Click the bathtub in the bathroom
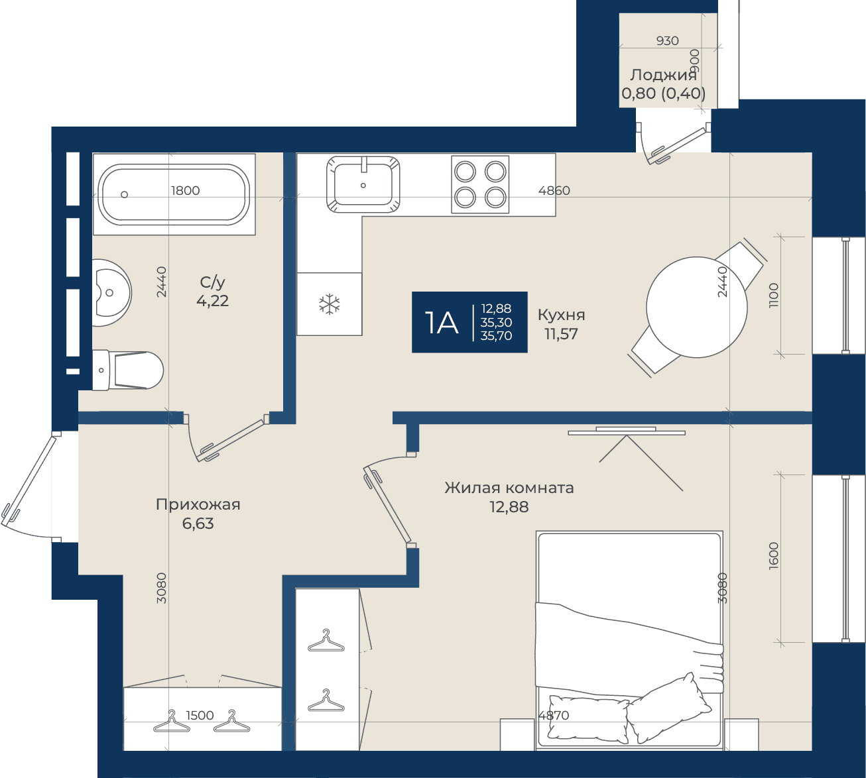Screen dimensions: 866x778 click(x=174, y=194)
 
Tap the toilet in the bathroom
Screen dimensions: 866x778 click(x=128, y=370)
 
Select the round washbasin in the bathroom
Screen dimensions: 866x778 click(x=111, y=292)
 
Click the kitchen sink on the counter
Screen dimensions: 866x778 click(x=363, y=184)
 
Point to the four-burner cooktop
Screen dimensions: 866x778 click(x=480, y=184)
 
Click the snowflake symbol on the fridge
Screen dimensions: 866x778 click(x=330, y=304)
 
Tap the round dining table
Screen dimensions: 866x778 click(x=696, y=307)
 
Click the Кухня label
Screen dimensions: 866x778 click(x=561, y=315)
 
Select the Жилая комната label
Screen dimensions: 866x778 click(x=509, y=488)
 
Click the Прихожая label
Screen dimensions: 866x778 click(x=198, y=504)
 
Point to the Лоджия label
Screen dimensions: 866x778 click(x=664, y=75)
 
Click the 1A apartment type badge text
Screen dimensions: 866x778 click(x=441, y=323)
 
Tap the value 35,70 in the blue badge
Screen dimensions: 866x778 click(x=497, y=336)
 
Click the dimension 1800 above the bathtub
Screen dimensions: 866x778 click(x=185, y=190)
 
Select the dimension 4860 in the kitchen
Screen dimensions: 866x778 click(x=554, y=190)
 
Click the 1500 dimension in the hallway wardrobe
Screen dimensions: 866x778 click(x=200, y=716)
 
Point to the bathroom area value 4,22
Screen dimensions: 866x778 click(x=212, y=301)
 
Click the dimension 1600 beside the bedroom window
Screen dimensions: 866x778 click(x=774, y=556)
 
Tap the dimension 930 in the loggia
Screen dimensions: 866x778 click(x=668, y=40)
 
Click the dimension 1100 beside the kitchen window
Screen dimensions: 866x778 click(x=774, y=295)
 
